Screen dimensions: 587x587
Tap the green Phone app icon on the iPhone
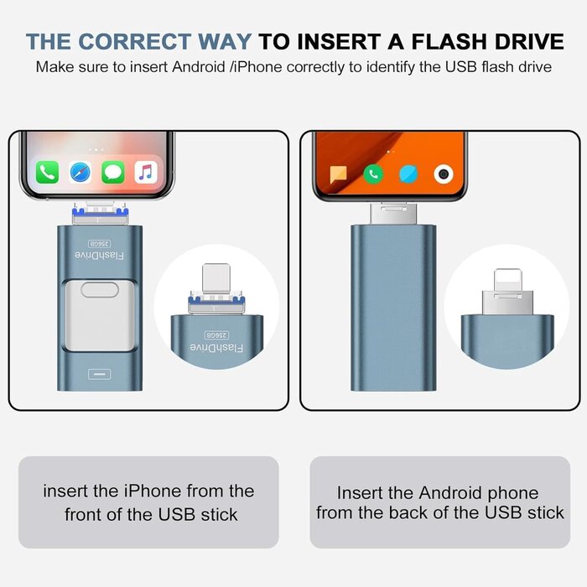point(47,173)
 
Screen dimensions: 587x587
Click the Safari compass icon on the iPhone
point(81,173)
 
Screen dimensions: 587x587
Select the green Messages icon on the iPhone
point(113,173)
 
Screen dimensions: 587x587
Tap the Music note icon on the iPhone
point(146,173)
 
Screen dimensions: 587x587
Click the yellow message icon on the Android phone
point(339,174)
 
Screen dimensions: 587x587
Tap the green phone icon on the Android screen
point(374,174)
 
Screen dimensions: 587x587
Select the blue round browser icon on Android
point(408,174)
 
